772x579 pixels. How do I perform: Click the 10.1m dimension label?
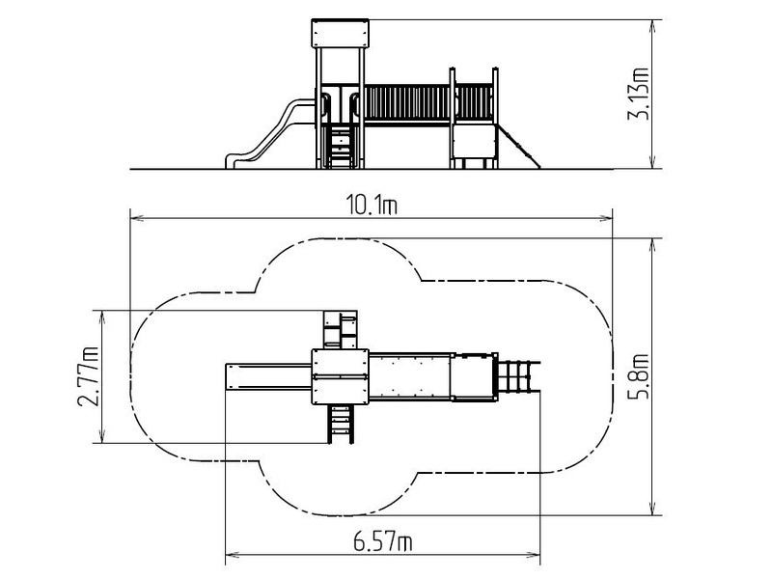point(372,205)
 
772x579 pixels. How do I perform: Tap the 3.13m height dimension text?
point(639,94)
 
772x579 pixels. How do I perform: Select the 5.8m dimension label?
point(639,376)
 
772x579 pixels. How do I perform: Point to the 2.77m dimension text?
point(88,377)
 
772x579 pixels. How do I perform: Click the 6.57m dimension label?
point(382,542)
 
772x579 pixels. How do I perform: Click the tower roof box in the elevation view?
point(340,34)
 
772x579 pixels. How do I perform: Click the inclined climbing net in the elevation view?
point(518,146)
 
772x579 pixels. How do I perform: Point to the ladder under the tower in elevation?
point(340,147)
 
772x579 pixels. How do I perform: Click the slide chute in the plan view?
point(269,376)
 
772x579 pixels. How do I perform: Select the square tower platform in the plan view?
point(340,376)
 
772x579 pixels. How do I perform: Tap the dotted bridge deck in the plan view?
point(409,376)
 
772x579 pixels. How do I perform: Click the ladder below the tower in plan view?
point(341,424)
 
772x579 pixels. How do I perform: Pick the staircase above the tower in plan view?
point(340,329)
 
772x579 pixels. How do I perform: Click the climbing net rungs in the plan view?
point(519,376)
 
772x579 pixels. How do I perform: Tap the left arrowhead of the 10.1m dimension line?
point(136,218)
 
